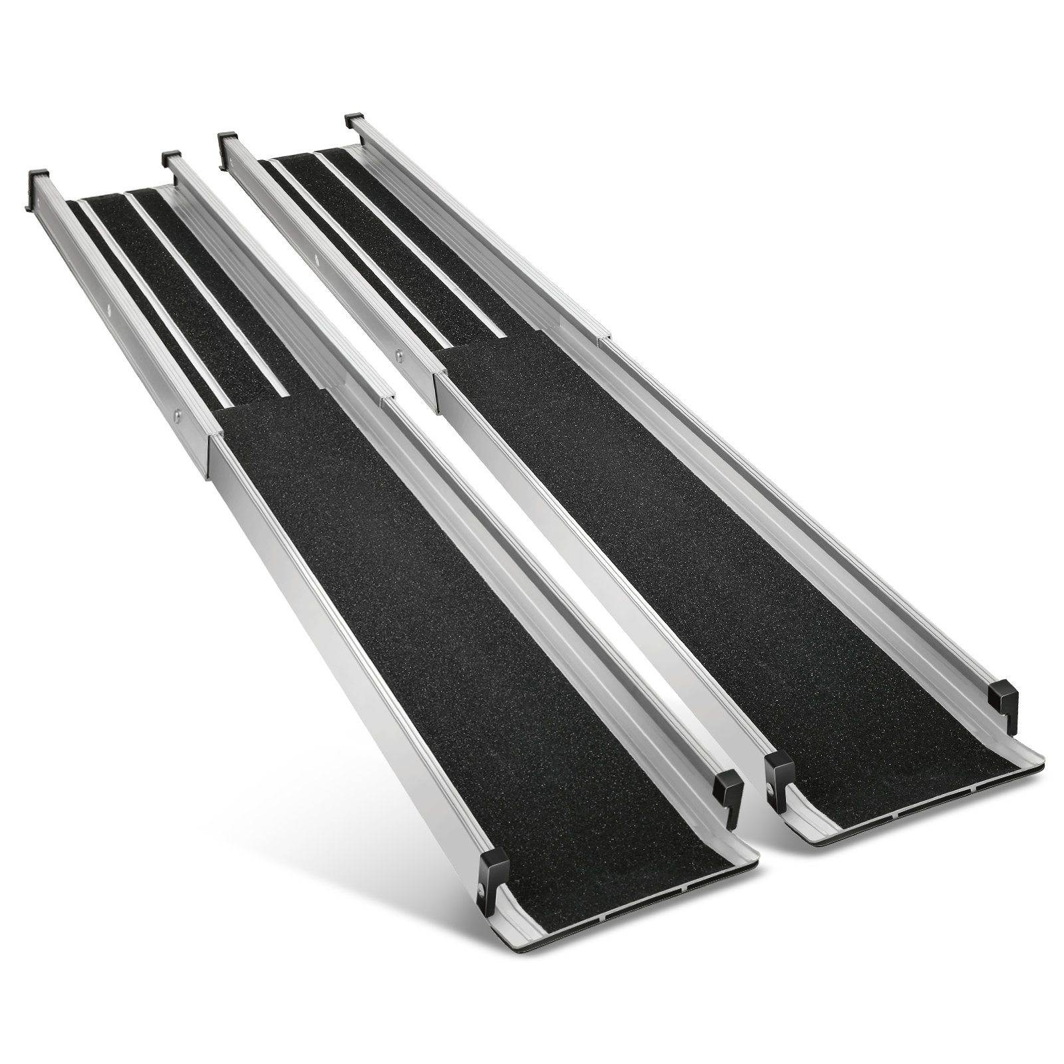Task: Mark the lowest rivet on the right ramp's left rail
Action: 399,355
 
